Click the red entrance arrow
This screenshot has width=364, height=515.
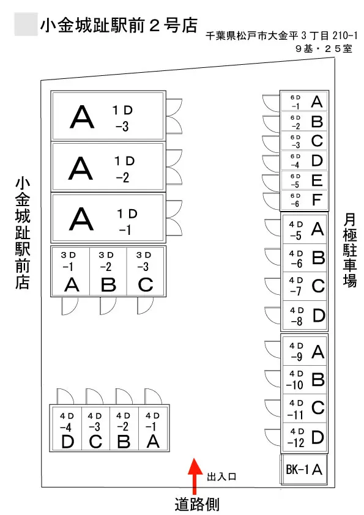pos(195,476)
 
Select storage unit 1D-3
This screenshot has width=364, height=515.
pos(108,116)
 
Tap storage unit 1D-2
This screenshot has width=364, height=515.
pos(108,167)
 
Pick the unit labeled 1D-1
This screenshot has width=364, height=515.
pos(108,218)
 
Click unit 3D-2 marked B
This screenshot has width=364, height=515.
pos(108,272)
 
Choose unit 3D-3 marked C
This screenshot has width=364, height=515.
pos(145,272)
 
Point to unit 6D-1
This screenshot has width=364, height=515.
pos(304,102)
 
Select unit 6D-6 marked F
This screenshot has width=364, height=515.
pos(304,200)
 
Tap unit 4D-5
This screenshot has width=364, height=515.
pos(305,229)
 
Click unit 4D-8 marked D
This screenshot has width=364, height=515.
pos(305,316)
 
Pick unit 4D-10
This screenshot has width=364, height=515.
pos(305,380)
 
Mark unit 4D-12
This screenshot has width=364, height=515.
pos(305,437)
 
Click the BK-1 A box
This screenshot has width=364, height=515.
pos(304,469)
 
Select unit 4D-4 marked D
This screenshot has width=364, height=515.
pos(67,428)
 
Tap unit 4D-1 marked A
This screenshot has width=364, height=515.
pos(153,428)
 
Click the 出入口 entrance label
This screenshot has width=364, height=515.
pos(221,477)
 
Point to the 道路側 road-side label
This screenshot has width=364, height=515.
pos(197,505)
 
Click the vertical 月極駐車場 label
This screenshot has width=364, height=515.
pos(349,250)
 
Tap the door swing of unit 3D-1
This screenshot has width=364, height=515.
pos(70,306)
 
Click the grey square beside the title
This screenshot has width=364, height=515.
pos(26,24)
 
